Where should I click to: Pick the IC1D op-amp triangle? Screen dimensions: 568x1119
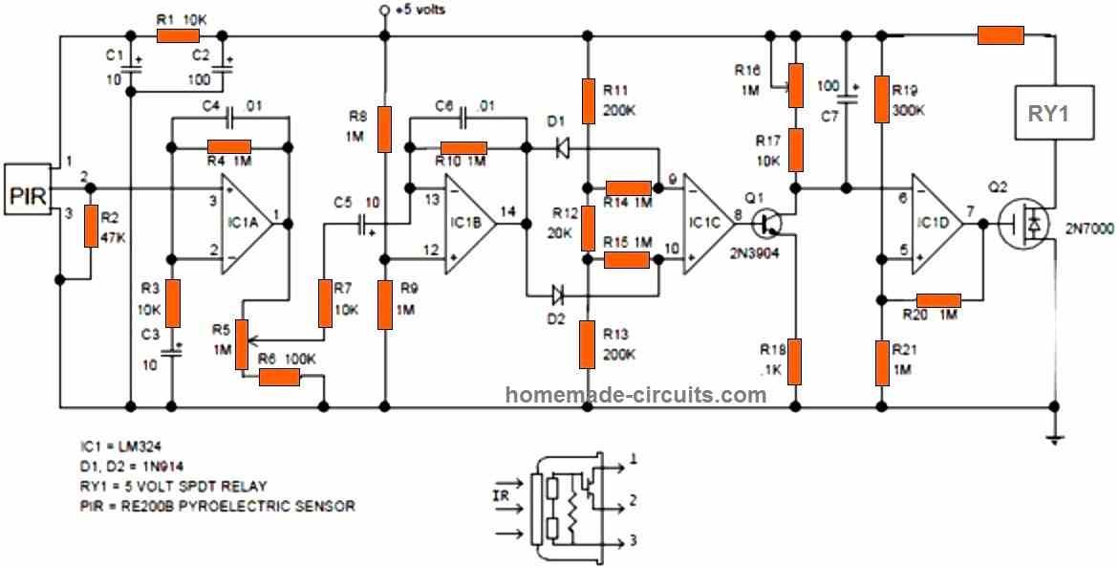[936, 224]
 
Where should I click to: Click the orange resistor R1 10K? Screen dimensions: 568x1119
[178, 36]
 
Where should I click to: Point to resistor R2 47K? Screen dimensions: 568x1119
[92, 226]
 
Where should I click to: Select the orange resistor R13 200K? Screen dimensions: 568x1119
[587, 345]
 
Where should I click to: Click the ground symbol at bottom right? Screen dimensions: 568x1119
[1053, 438]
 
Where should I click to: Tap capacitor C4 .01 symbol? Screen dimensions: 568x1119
[229, 119]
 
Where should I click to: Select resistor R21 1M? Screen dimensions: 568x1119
[881, 361]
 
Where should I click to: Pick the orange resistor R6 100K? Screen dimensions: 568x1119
[280, 377]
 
